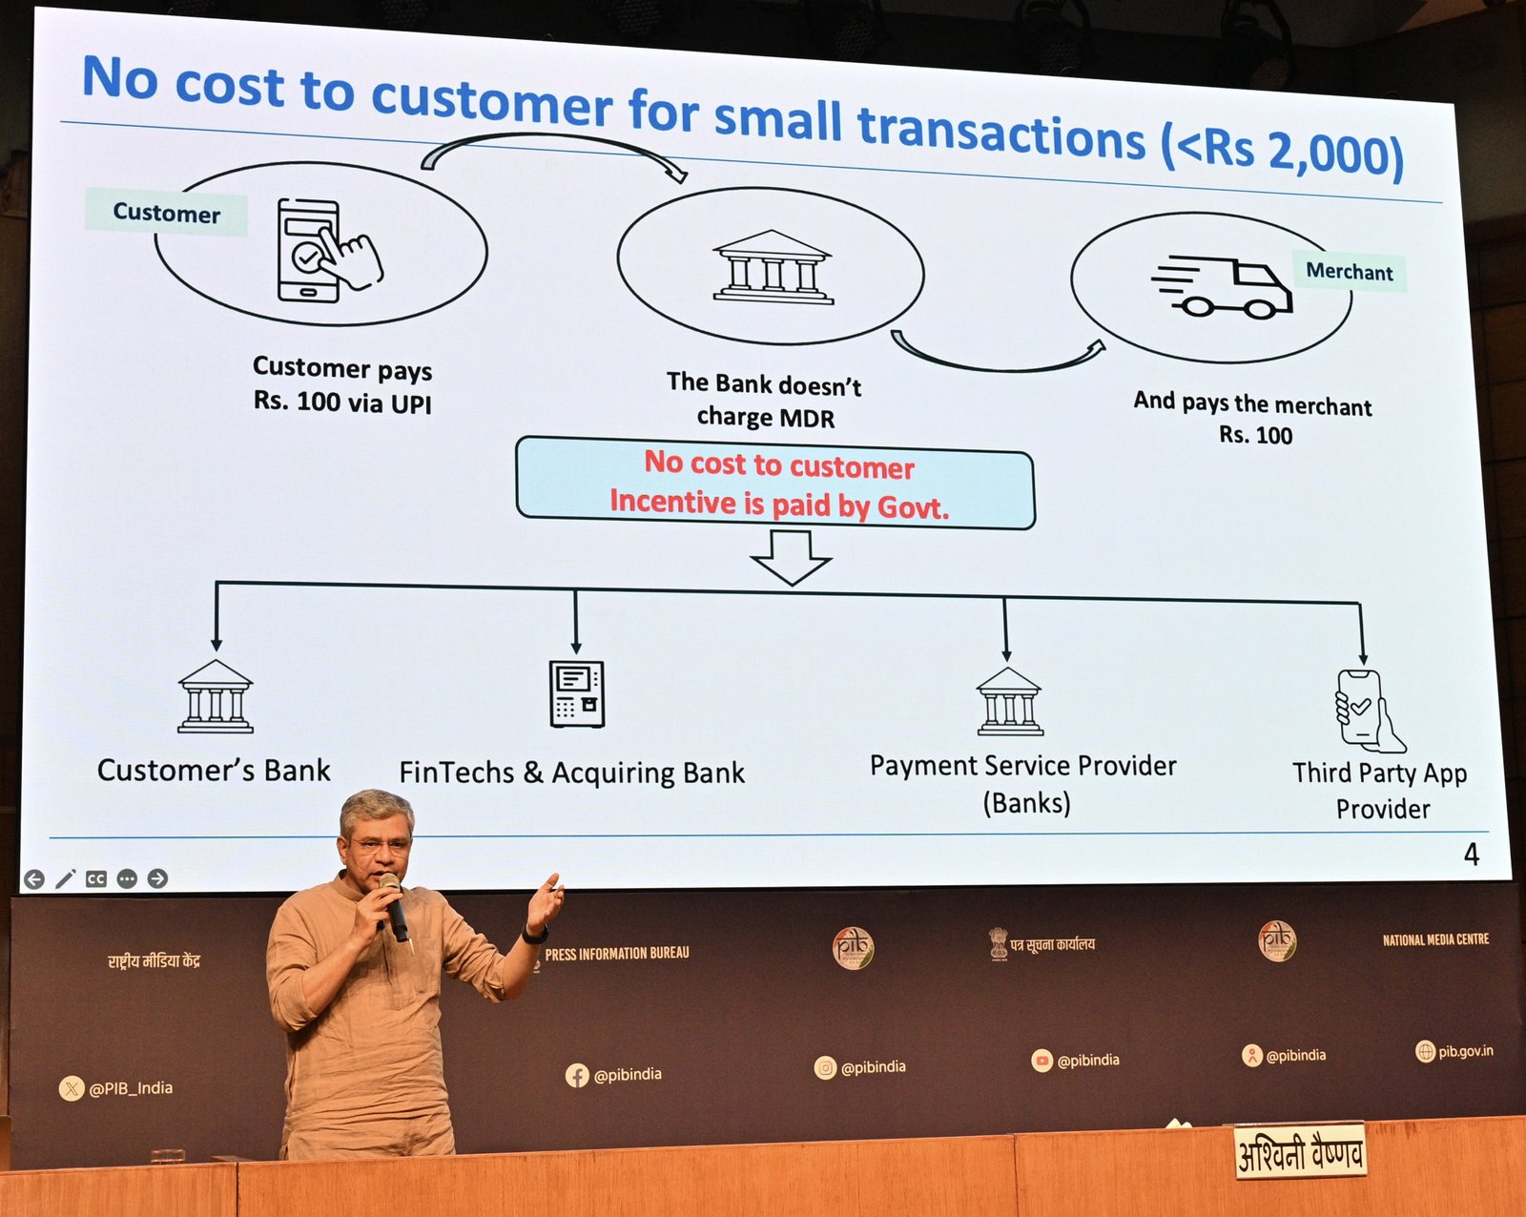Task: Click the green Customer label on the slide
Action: tap(166, 212)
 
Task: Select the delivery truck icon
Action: tap(1221, 287)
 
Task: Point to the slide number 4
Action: tap(1472, 855)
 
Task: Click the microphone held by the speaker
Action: tap(394, 908)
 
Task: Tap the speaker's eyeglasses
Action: tap(381, 845)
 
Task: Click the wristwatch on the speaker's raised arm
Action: tap(536, 934)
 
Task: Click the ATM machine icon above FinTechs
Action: tap(576, 693)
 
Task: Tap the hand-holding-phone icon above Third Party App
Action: tap(1369, 711)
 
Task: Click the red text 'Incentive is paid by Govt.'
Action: tap(778, 505)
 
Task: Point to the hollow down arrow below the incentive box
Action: tap(791, 558)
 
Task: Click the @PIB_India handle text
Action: tap(132, 1088)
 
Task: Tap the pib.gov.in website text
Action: tap(1466, 1051)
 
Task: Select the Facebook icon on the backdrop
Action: tap(576, 1076)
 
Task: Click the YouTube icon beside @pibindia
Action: tap(1041, 1061)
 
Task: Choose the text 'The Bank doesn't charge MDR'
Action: tap(764, 401)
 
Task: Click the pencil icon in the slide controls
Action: tap(65, 879)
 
